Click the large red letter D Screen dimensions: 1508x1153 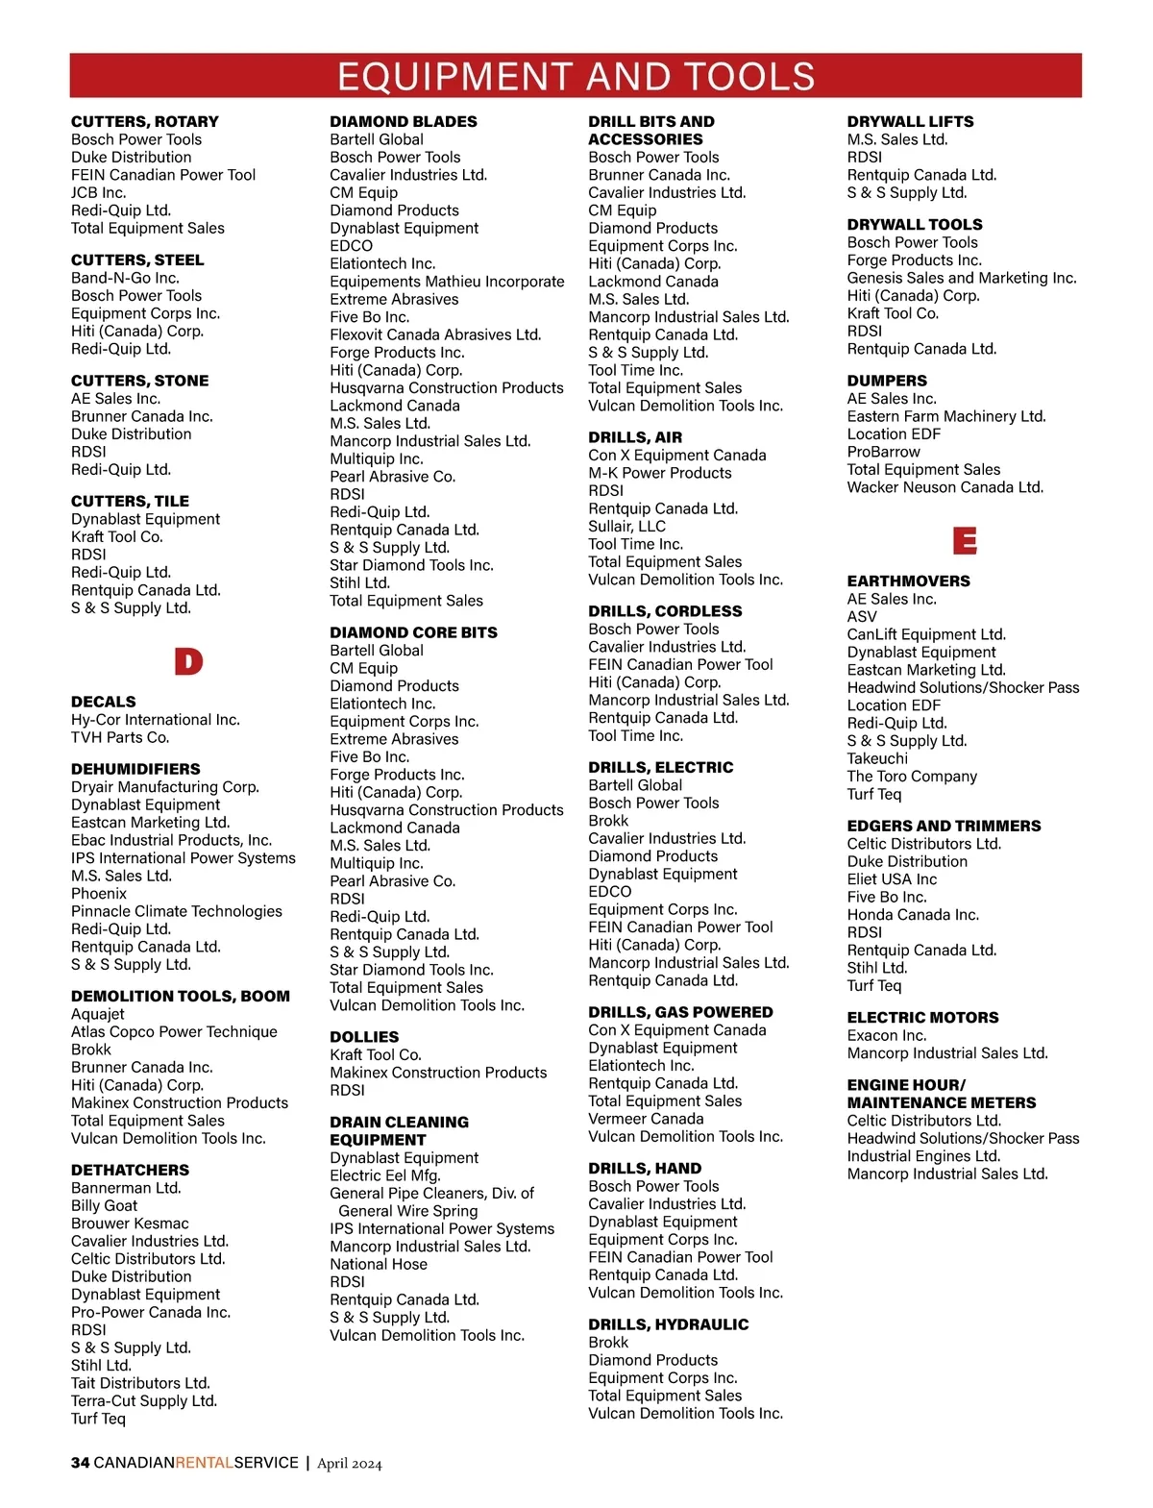click(x=188, y=661)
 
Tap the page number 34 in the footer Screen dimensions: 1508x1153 click(x=80, y=1463)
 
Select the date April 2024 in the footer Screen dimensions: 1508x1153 click(x=350, y=1464)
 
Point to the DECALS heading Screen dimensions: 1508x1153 click(x=104, y=702)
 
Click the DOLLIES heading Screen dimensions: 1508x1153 click(x=364, y=1036)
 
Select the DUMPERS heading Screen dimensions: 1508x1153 click(x=887, y=381)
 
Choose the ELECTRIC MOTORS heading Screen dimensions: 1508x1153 click(x=922, y=1017)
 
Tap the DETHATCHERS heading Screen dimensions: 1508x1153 click(x=130, y=1170)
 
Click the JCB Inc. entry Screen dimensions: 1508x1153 click(x=98, y=192)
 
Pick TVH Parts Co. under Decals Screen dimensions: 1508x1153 click(x=120, y=737)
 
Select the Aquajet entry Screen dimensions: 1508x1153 click(x=98, y=1014)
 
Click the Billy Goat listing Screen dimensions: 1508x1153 click(x=104, y=1205)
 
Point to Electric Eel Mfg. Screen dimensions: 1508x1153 click(x=385, y=1175)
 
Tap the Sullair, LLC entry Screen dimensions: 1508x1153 click(x=626, y=526)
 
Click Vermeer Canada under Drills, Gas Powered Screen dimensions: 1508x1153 click(x=646, y=1119)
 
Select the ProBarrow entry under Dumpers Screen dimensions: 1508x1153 click(x=883, y=452)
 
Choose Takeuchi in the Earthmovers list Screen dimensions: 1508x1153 click(x=877, y=758)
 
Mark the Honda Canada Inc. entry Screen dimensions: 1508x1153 click(x=913, y=915)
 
